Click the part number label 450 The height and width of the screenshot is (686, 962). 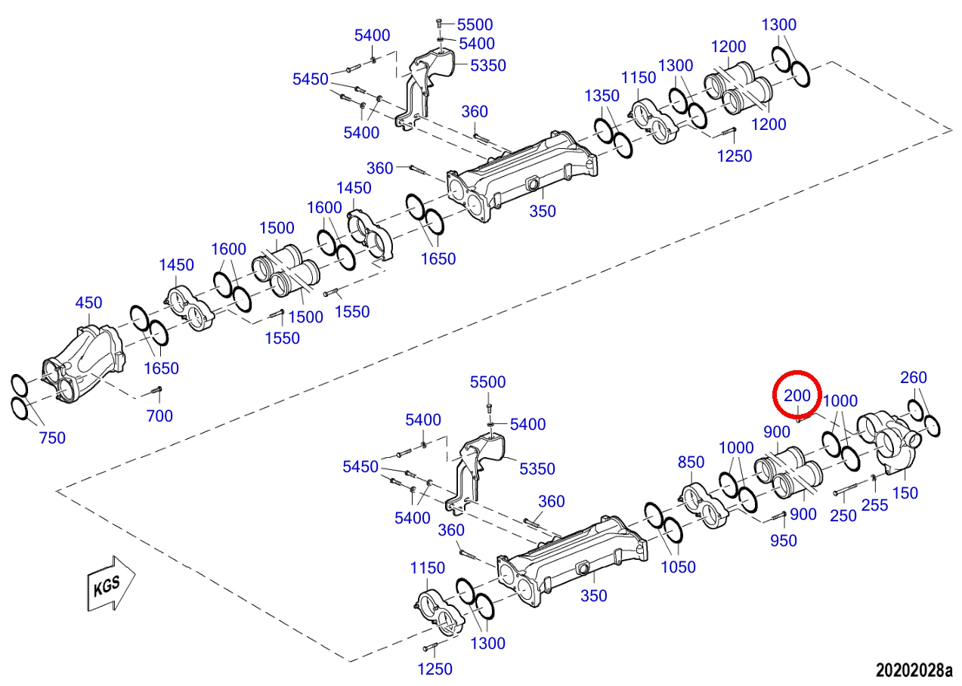click(88, 303)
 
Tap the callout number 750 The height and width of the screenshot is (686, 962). click(52, 438)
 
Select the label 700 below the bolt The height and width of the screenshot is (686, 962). click(159, 416)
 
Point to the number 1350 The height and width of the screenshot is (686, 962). click(602, 96)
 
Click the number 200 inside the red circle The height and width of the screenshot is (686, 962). click(797, 395)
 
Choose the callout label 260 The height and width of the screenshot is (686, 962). click(914, 377)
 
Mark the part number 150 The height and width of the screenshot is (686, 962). click(905, 493)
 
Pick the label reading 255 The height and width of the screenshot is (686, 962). click(874, 505)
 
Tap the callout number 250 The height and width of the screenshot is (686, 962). click(843, 515)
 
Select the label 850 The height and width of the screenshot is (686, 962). click(691, 462)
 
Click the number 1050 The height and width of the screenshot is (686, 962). click(678, 567)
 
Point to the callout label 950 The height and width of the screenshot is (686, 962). click(784, 540)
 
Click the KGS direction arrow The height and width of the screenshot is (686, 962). click(111, 583)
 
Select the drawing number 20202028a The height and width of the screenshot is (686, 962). click(914, 670)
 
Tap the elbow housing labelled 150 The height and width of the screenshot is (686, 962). click(889, 442)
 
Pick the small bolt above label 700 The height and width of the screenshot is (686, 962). click(155, 391)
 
